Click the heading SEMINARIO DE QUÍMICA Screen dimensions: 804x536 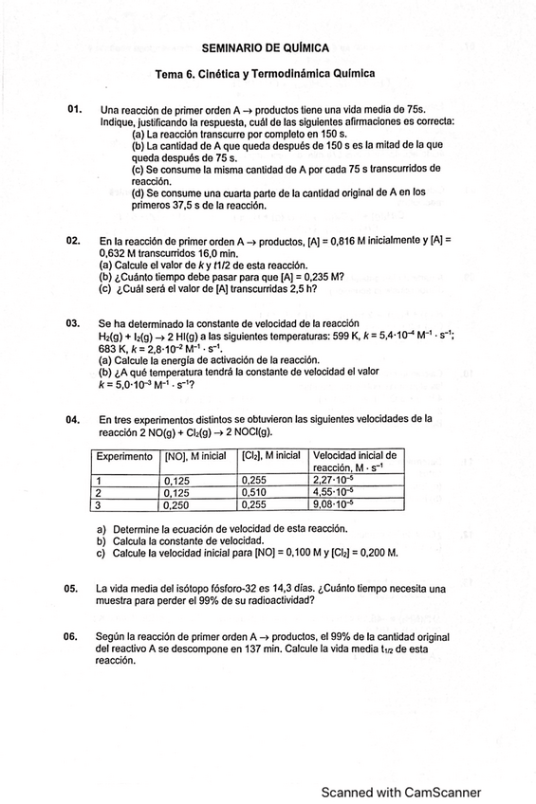click(266, 46)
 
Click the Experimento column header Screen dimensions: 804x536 click(124, 456)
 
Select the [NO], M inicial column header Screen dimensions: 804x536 click(194, 456)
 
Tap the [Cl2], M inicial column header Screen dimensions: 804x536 click(270, 456)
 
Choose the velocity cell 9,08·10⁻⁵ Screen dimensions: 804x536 click(335, 505)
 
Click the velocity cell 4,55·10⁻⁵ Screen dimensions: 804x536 click(335, 493)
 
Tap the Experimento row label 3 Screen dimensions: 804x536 click(99, 505)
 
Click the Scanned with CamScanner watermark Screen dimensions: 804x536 click(400, 793)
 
